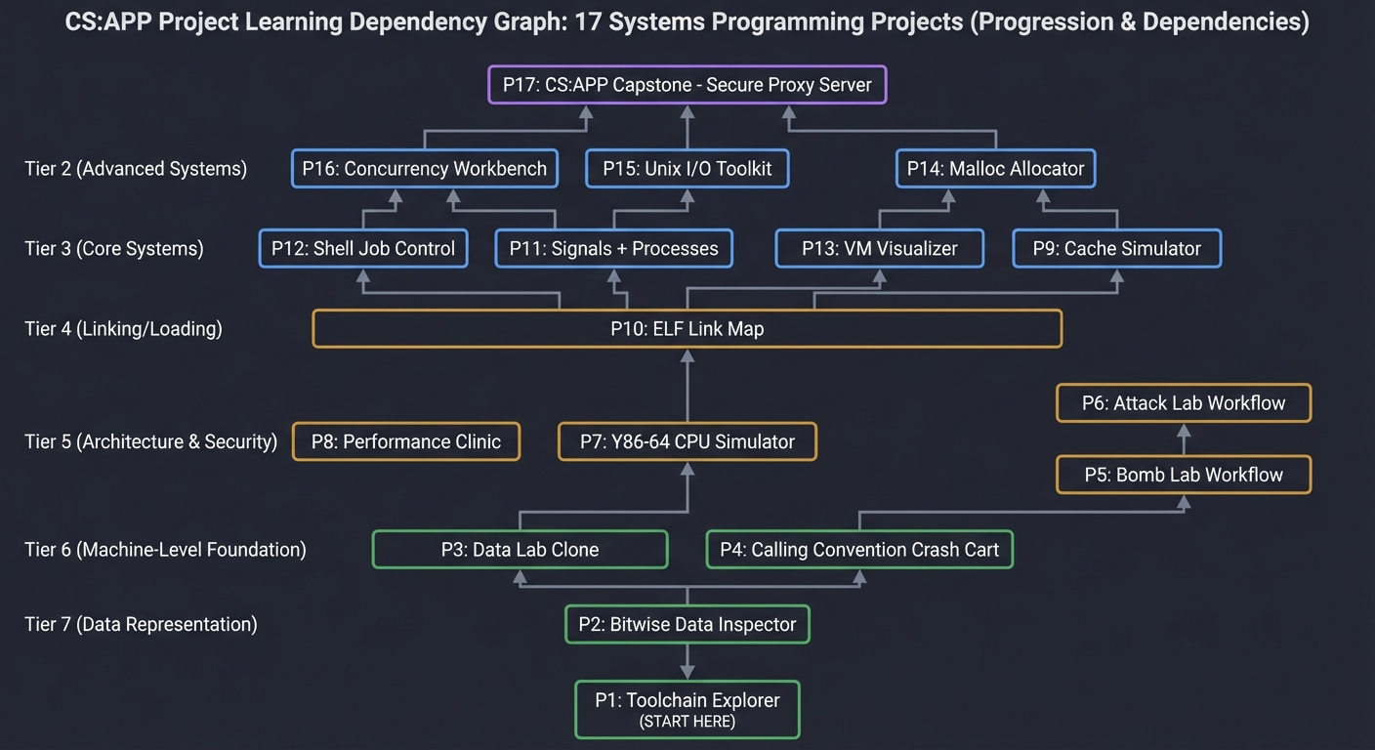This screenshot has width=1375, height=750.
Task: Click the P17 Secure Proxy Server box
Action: pos(687,85)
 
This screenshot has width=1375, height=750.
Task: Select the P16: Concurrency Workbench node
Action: pos(425,169)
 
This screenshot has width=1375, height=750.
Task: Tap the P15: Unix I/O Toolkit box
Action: pos(687,169)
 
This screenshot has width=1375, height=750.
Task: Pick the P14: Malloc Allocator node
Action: pos(995,169)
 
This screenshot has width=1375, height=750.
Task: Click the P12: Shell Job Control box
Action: pos(363,248)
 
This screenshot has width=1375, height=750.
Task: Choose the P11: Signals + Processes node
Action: pos(613,248)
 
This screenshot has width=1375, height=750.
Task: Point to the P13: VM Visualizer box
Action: pos(879,248)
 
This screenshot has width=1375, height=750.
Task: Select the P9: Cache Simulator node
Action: pos(1116,248)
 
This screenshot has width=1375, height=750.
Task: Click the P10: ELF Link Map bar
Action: pos(687,329)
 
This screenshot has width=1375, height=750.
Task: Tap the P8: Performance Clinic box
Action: pos(406,441)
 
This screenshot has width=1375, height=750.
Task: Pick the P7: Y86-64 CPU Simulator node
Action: pos(687,441)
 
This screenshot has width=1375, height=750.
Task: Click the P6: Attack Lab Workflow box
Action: pos(1183,402)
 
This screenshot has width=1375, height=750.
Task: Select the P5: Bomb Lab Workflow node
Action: pos(1183,475)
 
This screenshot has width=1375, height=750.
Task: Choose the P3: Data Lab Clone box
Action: pos(520,549)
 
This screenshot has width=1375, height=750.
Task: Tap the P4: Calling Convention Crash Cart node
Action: pos(859,549)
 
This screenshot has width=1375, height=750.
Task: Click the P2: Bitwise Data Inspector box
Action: pos(687,624)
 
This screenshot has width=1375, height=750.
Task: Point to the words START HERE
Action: pos(687,722)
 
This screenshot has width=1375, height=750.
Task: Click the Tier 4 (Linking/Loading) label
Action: pos(123,329)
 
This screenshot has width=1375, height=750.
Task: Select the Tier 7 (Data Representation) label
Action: pos(141,624)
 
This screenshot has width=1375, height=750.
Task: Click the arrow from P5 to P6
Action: pos(1183,439)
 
